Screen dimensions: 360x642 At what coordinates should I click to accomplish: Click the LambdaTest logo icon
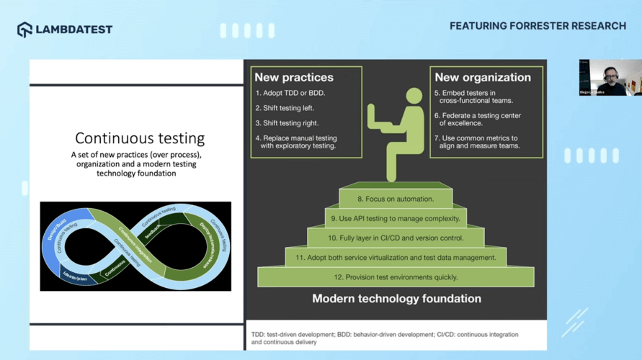coord(25,30)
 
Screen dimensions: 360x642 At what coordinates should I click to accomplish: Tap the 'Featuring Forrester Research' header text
coord(538,26)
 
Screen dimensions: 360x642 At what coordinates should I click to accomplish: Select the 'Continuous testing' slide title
coord(140,138)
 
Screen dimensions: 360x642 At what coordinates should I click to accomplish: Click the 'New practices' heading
coord(294,77)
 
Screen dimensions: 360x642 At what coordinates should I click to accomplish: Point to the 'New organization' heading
coord(483,77)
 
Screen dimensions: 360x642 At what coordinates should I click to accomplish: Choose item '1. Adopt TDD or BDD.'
coord(291,94)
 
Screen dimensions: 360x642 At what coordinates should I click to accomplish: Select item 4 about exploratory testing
coord(296,142)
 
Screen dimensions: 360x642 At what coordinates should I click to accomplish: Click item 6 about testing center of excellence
coord(478,120)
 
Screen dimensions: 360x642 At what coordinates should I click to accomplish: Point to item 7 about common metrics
coord(478,142)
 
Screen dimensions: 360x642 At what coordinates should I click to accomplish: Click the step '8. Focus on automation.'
coord(396,199)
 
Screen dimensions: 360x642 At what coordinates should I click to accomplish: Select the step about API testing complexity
coord(395,218)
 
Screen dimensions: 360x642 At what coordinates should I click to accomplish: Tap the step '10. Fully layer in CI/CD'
coord(396,238)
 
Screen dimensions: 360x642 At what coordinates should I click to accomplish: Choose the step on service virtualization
coord(396,257)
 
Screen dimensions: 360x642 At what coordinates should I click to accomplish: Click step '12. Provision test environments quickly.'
coord(396,277)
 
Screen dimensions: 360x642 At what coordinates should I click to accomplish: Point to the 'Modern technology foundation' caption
coord(396,298)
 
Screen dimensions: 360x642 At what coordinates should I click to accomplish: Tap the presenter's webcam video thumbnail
coord(610,78)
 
